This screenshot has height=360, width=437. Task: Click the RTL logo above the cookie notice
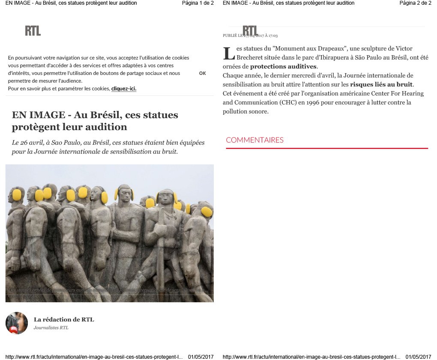pyautogui.click(x=33, y=30)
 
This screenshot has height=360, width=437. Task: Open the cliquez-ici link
pyautogui.click(x=123, y=89)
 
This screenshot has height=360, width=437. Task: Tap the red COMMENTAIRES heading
pyautogui.click(x=254, y=140)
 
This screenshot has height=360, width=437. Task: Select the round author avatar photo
pyautogui.click(x=17, y=323)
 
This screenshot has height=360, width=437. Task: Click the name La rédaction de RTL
pyautogui.click(x=64, y=319)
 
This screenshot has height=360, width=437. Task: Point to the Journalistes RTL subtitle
pyautogui.click(x=51, y=328)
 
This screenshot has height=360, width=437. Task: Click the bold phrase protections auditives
pyautogui.click(x=283, y=66)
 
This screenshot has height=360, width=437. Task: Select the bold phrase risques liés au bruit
pyautogui.click(x=381, y=84)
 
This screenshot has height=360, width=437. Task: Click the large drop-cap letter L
pyautogui.click(x=229, y=54)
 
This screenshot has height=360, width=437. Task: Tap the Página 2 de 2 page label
pyautogui.click(x=415, y=3)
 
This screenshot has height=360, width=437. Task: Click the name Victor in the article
pyautogui.click(x=404, y=48)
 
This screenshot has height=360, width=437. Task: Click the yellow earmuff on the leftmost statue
pyautogui.click(x=17, y=195)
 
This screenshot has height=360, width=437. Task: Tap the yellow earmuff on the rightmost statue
pyautogui.click(x=207, y=212)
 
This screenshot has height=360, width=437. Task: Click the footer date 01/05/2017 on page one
pyautogui.click(x=201, y=357)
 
